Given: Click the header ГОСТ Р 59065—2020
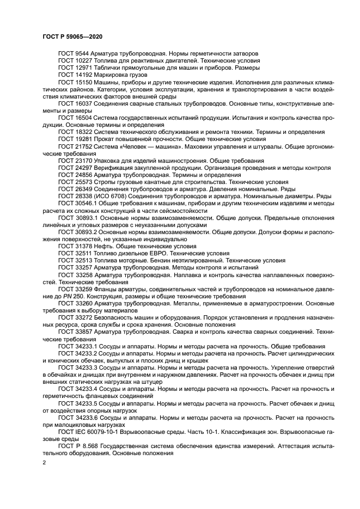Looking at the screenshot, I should point(72,36).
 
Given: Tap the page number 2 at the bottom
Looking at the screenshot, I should point(45,462).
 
